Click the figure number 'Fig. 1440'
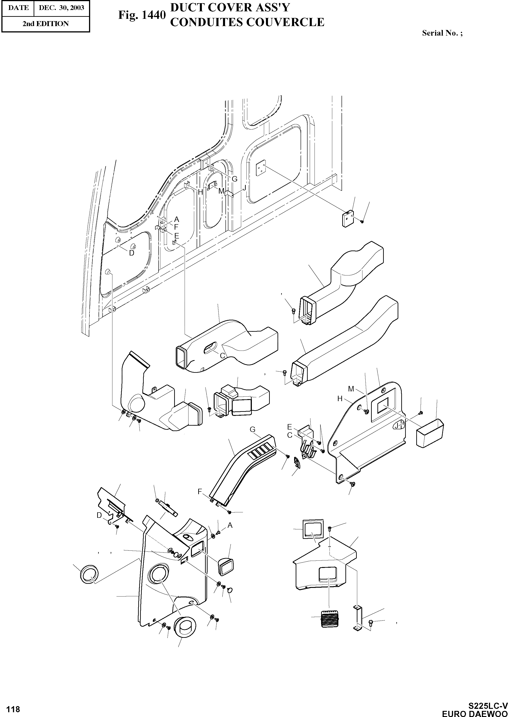[x=141, y=15]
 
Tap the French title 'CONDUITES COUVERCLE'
[x=247, y=22]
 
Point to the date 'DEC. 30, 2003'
[x=61, y=7]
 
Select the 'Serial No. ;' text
[x=442, y=33]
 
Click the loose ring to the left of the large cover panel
[x=89, y=574]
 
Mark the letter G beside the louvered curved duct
[x=253, y=430]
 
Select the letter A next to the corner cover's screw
[x=230, y=525]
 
